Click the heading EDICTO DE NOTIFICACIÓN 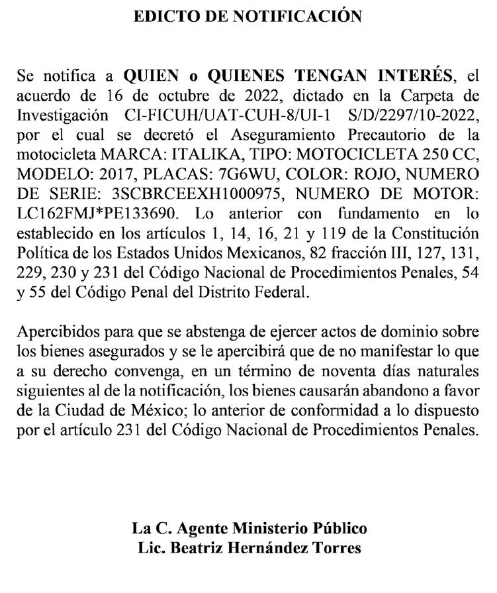tap(248, 17)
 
